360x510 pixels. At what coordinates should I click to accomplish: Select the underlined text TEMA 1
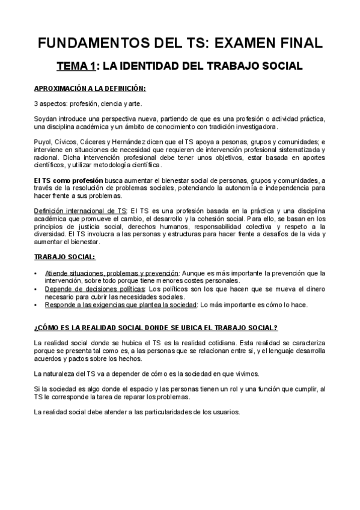76,65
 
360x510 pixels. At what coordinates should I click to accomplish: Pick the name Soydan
45,119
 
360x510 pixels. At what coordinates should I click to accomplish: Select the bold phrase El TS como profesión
69,180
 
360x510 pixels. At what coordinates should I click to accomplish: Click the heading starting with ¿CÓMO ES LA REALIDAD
156,328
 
